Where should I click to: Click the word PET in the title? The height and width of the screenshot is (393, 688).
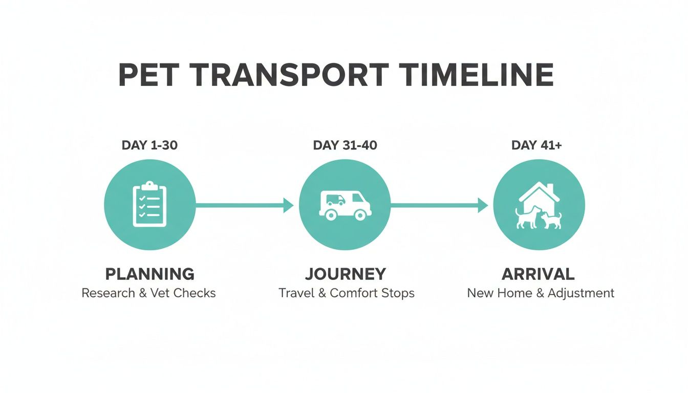click(148, 75)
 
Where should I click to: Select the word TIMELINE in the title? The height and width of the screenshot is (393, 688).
click(477, 75)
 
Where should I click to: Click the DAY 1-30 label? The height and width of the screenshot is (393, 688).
click(149, 145)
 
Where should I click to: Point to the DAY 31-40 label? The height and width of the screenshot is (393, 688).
click(345, 145)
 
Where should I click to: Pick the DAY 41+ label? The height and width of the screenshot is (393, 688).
click(536, 145)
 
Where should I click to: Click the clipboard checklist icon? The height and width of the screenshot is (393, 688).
click(149, 204)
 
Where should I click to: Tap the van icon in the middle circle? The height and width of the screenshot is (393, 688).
click(345, 205)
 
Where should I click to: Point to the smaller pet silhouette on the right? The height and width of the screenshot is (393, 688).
click(551, 221)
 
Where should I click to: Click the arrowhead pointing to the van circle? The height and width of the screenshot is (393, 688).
click(288, 205)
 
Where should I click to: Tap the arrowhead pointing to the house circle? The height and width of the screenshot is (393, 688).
click(483, 205)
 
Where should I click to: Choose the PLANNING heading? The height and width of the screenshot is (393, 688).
click(149, 274)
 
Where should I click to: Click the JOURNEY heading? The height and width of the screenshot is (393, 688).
click(346, 274)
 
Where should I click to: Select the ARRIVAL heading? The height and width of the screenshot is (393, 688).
click(538, 274)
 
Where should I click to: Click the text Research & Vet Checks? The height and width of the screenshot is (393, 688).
click(149, 293)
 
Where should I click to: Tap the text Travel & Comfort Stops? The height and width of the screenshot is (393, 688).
click(347, 293)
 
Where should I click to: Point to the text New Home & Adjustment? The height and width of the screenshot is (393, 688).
click(541, 293)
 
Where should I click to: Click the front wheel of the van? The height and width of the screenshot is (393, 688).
click(360, 215)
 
